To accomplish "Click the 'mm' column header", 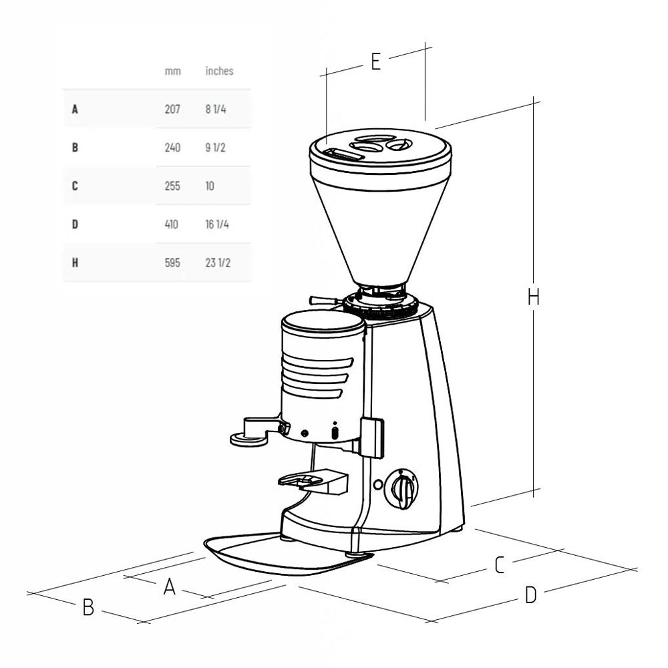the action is [172, 71].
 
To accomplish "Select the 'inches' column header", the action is [219, 71].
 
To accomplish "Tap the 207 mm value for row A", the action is [172, 109].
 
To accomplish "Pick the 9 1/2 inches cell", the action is [216, 148].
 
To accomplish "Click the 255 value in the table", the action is [172, 186].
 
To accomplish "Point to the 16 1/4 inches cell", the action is [217, 224].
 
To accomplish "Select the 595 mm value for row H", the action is [172, 263].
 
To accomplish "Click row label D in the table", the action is [75, 224].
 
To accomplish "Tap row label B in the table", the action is [75, 148].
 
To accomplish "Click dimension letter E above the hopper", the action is [375, 61].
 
